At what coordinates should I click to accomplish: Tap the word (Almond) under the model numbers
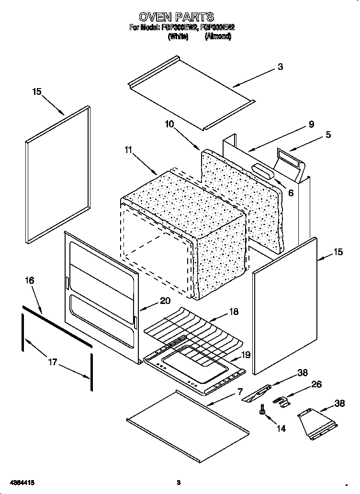coord(218,36)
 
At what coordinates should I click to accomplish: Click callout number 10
coord(170,124)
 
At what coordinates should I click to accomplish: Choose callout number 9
coord(311,124)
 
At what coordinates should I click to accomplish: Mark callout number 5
coord(328,135)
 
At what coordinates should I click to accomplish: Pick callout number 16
coord(29,281)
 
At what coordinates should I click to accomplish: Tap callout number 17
coord(53,362)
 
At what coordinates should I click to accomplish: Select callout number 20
coord(165,301)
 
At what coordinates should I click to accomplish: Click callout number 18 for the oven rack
coord(234,311)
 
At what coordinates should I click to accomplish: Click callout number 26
coord(316,384)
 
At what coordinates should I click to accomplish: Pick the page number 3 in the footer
coord(178,483)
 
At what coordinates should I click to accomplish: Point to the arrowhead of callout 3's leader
coord(234,86)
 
